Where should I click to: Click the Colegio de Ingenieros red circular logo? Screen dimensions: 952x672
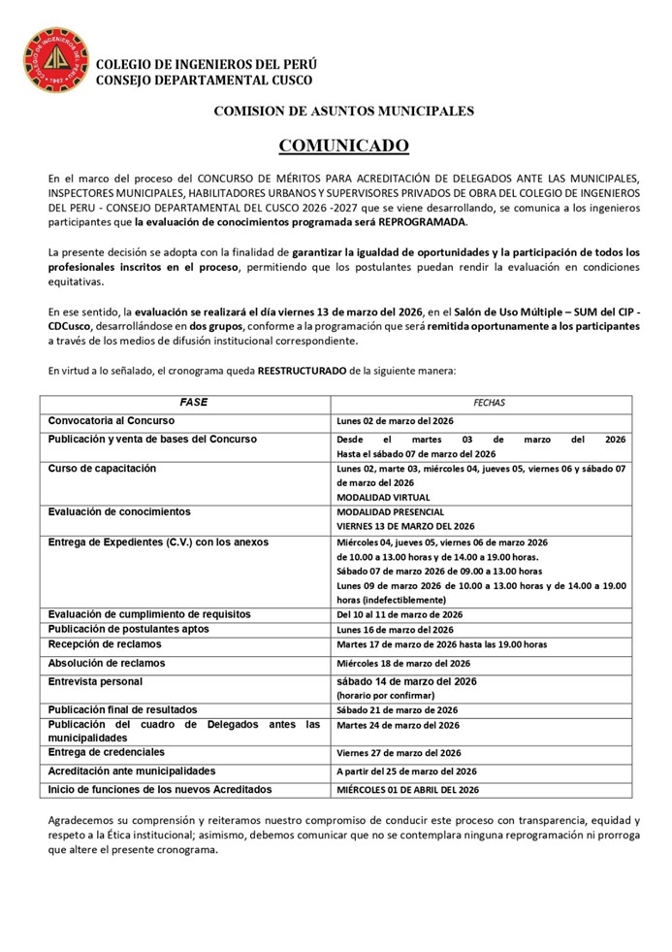tap(56, 59)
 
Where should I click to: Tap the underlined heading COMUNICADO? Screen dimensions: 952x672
tap(344, 146)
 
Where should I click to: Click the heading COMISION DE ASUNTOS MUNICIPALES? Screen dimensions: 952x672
tap(344, 112)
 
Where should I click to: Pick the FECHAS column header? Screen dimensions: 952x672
tap(489, 403)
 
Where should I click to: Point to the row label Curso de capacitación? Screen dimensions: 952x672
tap(102, 469)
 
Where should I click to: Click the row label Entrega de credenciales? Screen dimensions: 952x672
tap(107, 752)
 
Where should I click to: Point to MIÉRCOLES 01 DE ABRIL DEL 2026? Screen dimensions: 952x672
tap(407, 790)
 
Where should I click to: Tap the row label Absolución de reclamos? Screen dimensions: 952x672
tap(107, 663)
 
